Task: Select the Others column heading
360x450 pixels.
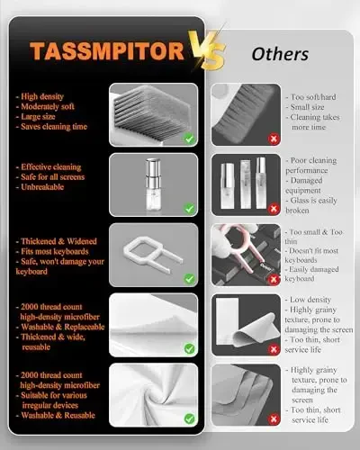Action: tap(279, 54)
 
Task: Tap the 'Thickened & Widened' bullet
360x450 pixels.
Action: tap(59, 242)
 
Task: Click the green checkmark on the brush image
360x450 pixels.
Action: tap(189, 139)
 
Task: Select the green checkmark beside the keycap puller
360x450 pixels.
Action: tap(189, 278)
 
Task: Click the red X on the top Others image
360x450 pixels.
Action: tap(221, 139)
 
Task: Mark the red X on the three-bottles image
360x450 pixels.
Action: tap(221, 209)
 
